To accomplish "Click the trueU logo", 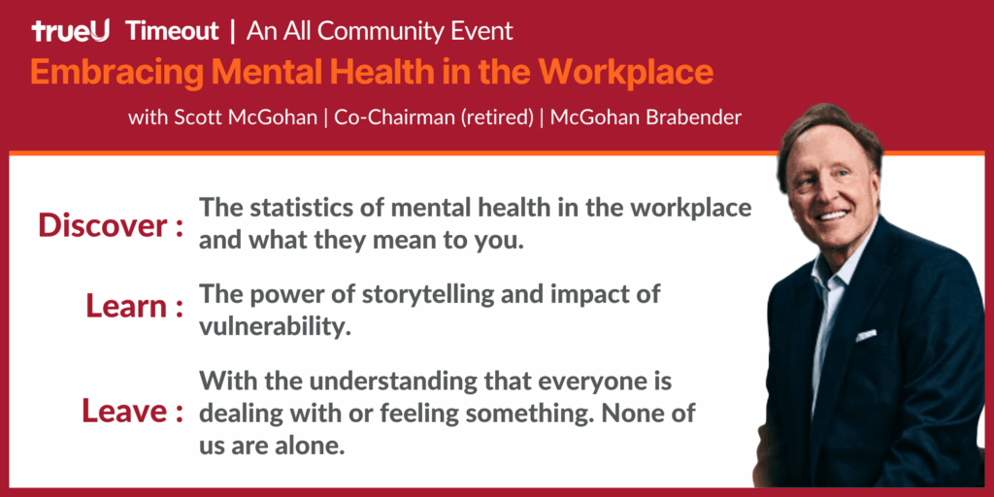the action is pos(70,30).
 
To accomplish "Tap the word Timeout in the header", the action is pos(173,30).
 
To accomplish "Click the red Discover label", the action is pos(111,225).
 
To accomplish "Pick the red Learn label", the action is pos(135,307).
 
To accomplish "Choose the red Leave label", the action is pos(133,411).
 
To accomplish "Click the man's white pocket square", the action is pos(865,335).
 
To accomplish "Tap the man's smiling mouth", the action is pos(832,216).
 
